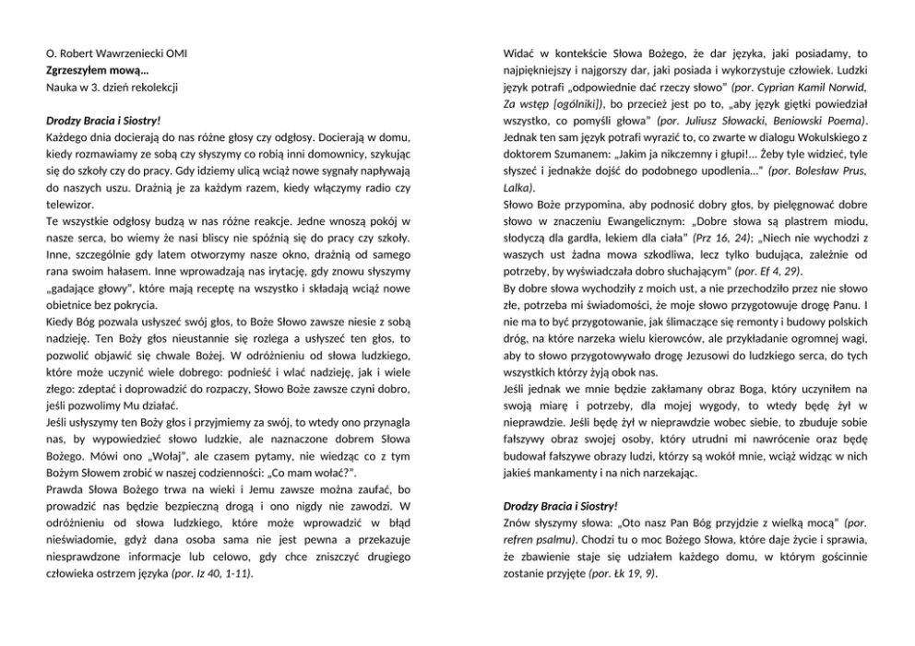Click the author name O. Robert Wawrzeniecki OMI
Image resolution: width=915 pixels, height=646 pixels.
coord(117,53)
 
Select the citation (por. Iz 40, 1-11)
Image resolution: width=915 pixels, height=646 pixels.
coord(213,572)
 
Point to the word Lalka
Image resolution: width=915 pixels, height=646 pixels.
coord(517,187)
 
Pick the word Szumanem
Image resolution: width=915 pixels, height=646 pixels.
coord(585,153)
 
